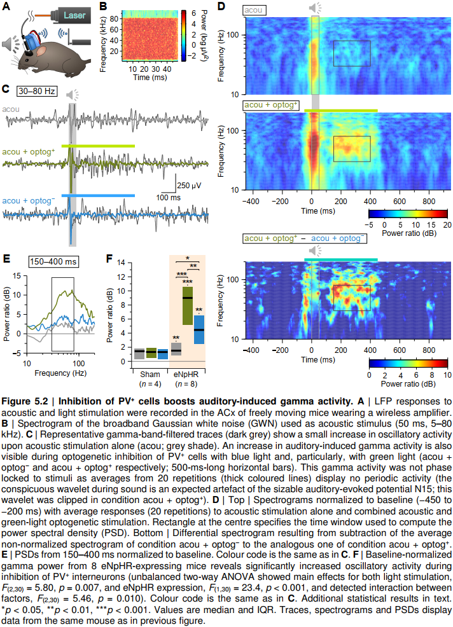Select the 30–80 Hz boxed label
coord(38,91)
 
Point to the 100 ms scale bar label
coord(167,198)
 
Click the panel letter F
coord(109,259)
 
